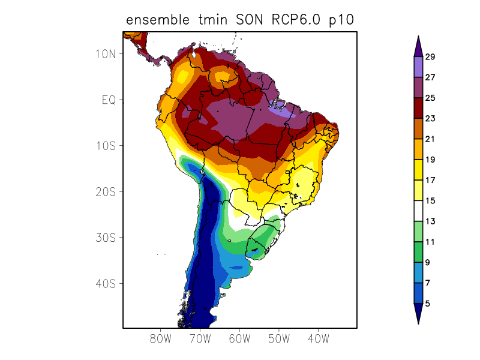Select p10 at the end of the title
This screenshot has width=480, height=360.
(x=341, y=20)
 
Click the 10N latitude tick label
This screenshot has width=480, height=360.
(x=105, y=53)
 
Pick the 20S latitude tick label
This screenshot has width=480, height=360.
(x=105, y=191)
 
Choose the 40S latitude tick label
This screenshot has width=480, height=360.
(x=105, y=283)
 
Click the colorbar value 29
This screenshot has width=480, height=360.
(x=430, y=57)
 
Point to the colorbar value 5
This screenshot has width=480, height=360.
(x=427, y=304)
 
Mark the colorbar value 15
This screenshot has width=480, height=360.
(x=430, y=200)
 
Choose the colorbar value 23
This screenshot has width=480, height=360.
(x=430, y=118)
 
